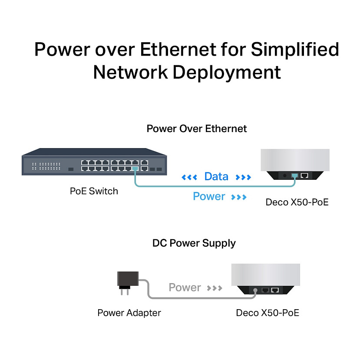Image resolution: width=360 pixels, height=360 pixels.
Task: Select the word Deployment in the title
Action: click(227, 72)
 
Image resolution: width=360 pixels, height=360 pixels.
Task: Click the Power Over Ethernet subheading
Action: click(196, 129)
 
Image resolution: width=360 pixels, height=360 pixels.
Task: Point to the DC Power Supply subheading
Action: click(194, 243)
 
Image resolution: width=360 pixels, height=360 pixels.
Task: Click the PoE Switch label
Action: click(94, 191)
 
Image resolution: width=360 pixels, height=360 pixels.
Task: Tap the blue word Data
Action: click(216, 177)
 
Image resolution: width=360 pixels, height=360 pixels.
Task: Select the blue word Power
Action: click(209, 197)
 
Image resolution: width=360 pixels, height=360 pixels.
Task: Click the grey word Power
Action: click(185, 287)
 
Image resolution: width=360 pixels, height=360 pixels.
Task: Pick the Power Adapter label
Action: click(129, 313)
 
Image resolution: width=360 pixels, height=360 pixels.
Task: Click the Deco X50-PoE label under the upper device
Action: click(297, 202)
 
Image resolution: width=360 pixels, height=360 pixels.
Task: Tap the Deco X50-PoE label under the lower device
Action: click(268, 313)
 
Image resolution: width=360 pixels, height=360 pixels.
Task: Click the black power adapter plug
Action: click(128, 281)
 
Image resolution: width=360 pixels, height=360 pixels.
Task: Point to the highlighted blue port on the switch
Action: click(135, 168)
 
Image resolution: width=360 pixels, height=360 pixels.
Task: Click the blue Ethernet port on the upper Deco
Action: click(295, 175)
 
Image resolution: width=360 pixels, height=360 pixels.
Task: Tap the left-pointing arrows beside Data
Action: click(189, 177)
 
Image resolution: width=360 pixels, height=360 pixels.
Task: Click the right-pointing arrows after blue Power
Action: click(239, 197)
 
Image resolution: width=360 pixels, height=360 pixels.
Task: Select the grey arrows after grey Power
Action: click(215, 288)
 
